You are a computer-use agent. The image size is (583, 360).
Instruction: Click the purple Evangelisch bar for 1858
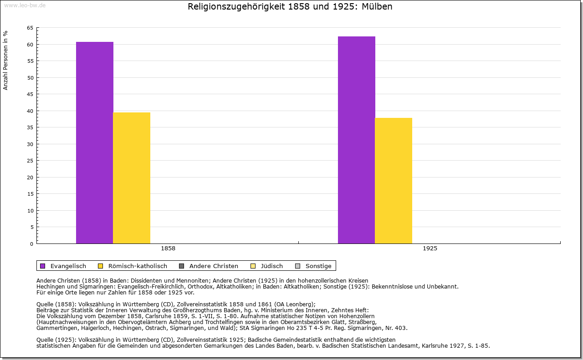tap(94, 142)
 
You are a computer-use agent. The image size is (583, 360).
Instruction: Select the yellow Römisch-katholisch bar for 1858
tap(132, 177)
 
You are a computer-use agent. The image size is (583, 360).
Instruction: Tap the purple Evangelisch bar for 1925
tap(356, 140)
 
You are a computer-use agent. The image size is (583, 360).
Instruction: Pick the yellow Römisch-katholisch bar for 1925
tap(394, 180)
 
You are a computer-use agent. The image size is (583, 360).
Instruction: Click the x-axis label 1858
tap(168, 248)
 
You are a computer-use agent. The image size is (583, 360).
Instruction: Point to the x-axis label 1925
tap(430, 248)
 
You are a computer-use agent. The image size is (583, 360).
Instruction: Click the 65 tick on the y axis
tap(30, 28)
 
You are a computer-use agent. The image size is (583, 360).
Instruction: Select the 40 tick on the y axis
tap(30, 111)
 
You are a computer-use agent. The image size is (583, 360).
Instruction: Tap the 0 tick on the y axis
tap(31, 244)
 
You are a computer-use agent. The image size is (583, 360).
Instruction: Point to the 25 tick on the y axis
tap(30, 161)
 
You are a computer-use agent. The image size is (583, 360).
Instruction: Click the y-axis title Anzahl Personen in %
tap(5, 60)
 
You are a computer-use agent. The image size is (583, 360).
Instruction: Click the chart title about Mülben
tap(290, 7)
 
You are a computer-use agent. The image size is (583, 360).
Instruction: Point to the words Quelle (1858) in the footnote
tap(56, 304)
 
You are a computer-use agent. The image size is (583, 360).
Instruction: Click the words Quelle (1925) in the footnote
tap(56, 340)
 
